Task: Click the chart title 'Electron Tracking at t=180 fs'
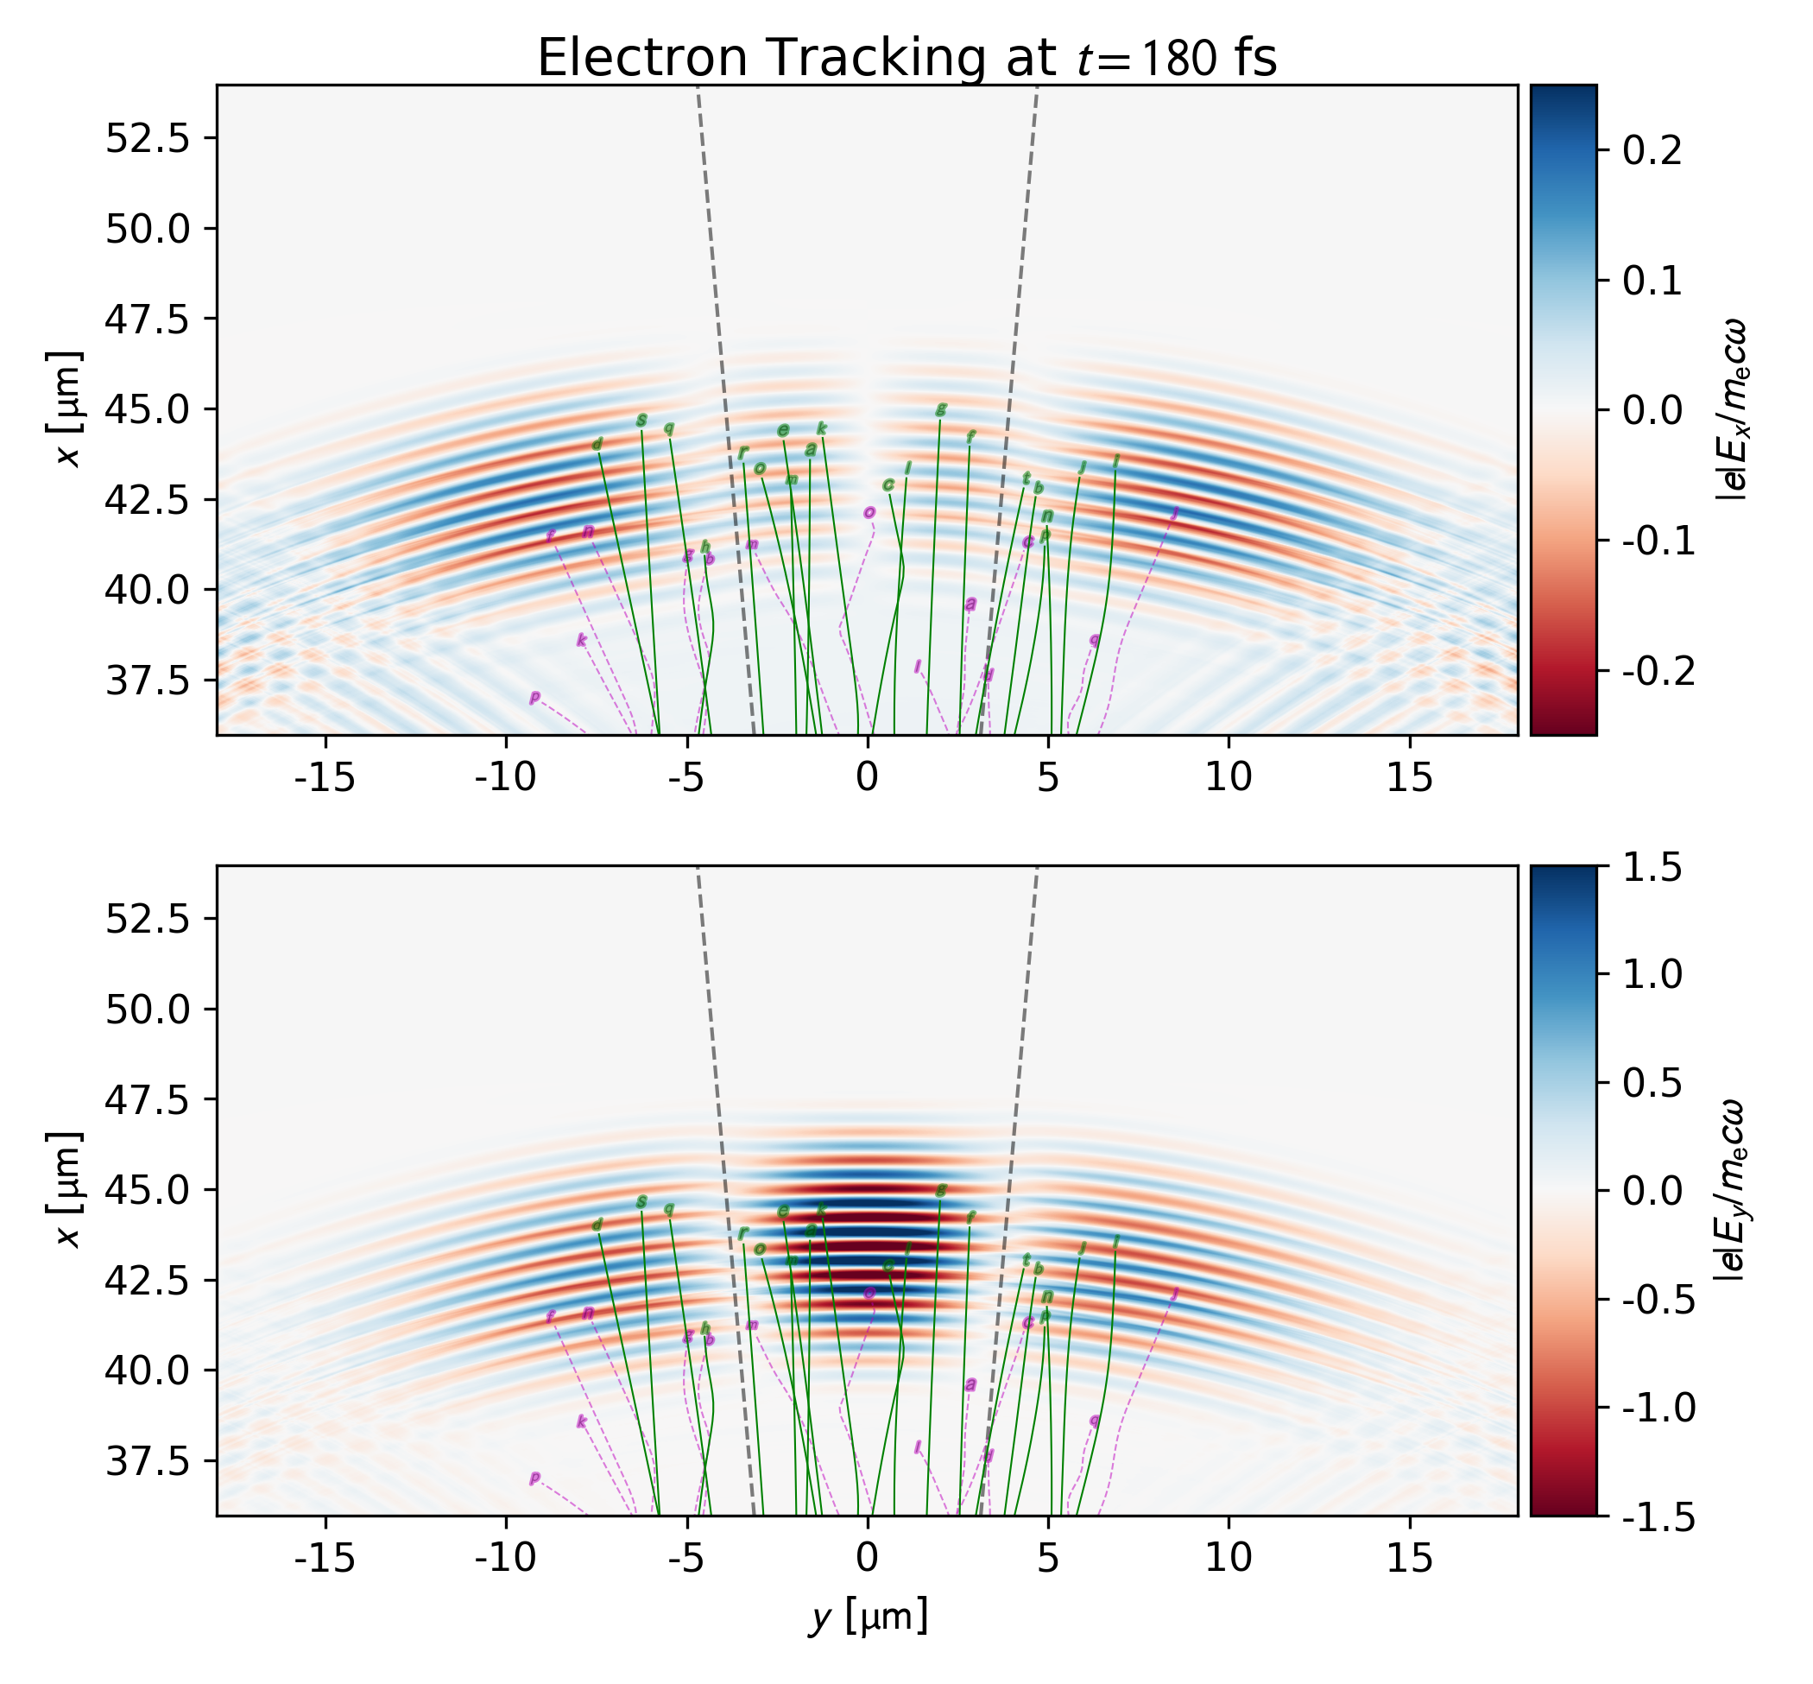(x=906, y=59)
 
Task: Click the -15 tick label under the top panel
(x=325, y=777)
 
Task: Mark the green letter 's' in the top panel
(x=641, y=420)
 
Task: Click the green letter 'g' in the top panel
(x=941, y=409)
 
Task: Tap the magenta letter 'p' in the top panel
(x=534, y=698)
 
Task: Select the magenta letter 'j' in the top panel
(x=1174, y=513)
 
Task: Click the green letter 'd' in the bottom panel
(x=597, y=1225)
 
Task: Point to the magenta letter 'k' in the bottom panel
(x=581, y=1421)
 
